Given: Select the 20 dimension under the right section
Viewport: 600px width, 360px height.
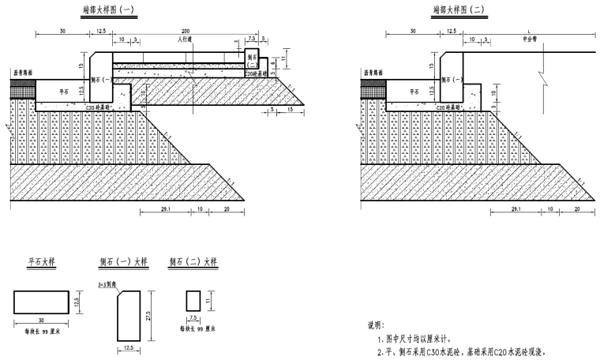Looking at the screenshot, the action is click(576, 209).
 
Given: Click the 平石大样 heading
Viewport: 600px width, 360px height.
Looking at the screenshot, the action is click(43, 262).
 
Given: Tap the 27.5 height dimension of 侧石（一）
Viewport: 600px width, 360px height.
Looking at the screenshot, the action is click(148, 314).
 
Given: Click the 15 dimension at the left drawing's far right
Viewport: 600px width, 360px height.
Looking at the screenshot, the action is click(290, 111).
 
